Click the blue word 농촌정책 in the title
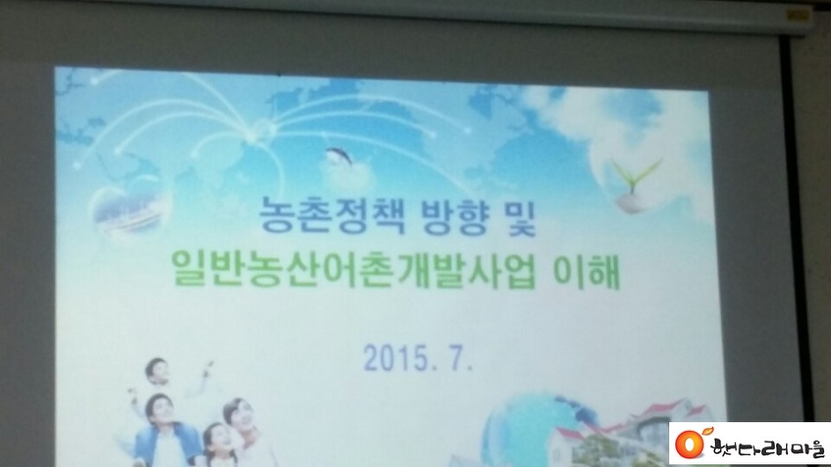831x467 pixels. (332, 216)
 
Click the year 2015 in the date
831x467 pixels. (396, 358)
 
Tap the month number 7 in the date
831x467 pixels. (458, 359)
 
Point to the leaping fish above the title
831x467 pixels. (339, 157)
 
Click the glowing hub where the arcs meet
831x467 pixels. (261, 128)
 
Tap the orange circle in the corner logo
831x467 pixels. (689, 443)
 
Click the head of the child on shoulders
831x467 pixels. (157, 371)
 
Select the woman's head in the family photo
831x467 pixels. (236, 415)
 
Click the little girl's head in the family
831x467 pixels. (216, 438)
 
